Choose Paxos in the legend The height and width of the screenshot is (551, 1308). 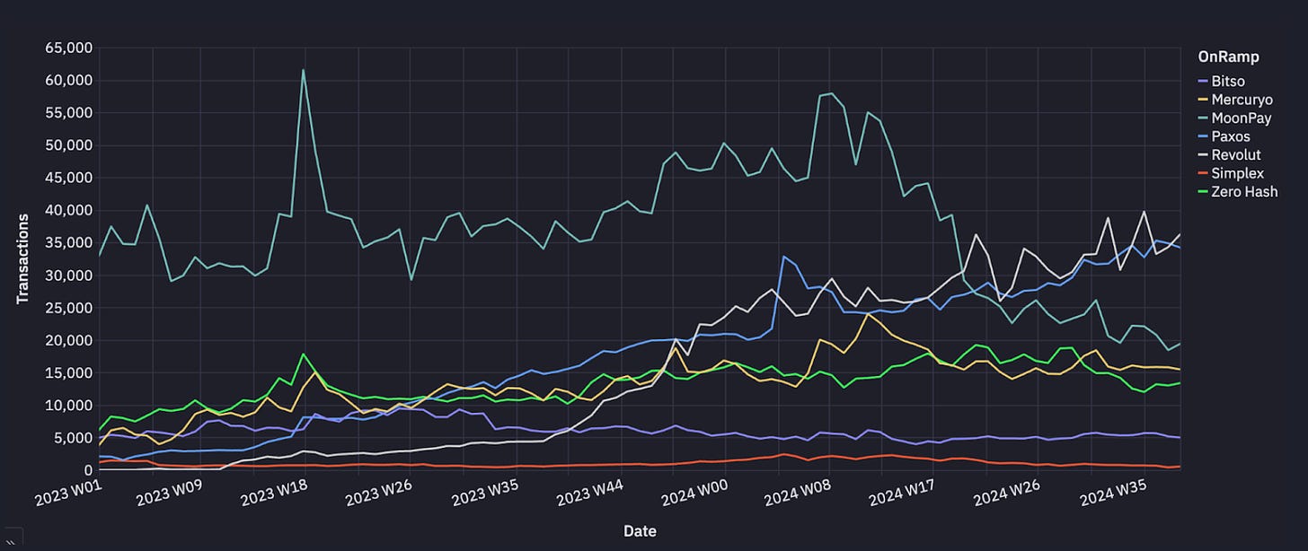click(x=1230, y=136)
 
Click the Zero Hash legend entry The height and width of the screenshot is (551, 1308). click(x=1243, y=192)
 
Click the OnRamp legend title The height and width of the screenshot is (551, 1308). click(x=1228, y=57)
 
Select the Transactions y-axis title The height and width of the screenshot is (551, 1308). click(x=23, y=258)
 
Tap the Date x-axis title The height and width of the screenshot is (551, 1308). click(x=640, y=531)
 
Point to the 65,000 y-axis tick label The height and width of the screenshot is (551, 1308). click(x=68, y=48)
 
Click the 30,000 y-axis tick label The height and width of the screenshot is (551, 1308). click(x=68, y=275)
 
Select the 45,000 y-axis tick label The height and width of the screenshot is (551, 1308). click(x=68, y=178)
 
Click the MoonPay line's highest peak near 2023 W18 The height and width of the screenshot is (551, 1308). click(x=304, y=70)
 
